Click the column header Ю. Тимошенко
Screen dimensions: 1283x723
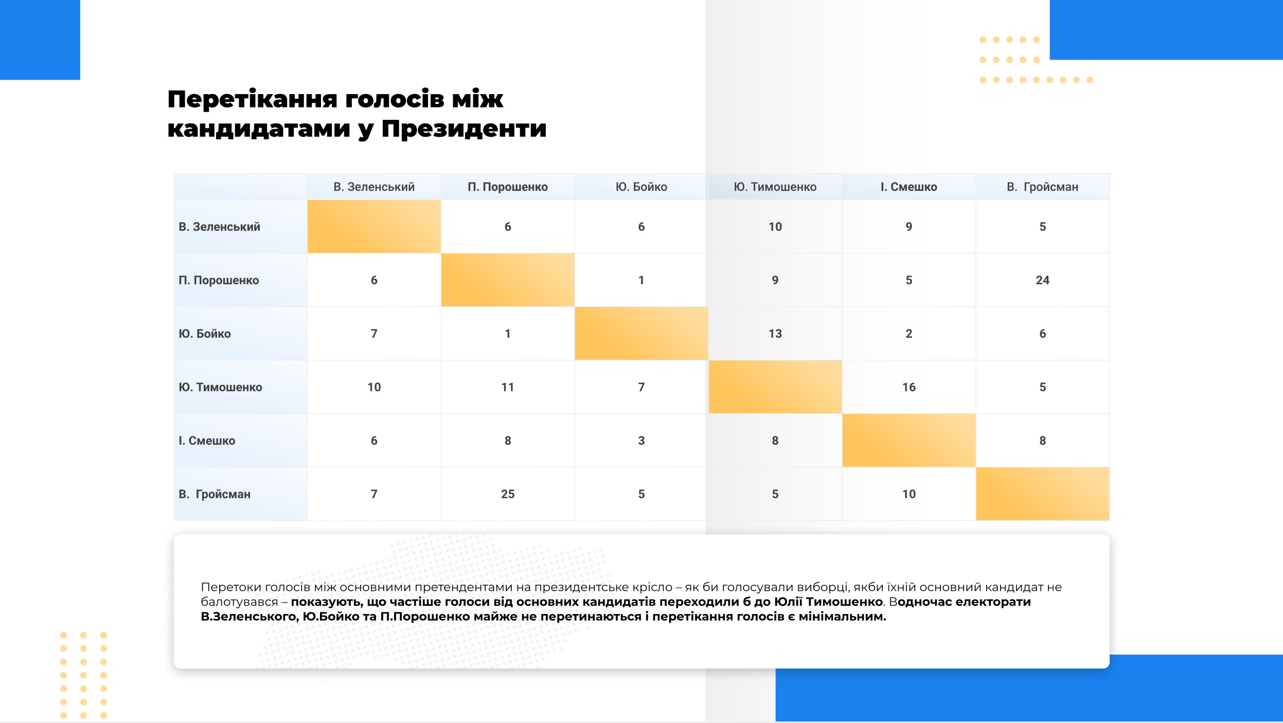pyautogui.click(x=775, y=187)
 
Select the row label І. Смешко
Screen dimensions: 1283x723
pyautogui.click(x=207, y=441)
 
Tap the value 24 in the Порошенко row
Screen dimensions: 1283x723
pyautogui.click(x=1042, y=280)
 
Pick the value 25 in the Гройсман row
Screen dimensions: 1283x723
pyautogui.click(x=508, y=494)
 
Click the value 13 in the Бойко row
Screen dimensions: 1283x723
pyautogui.click(x=775, y=334)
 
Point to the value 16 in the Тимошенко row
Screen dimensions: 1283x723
pyautogui.click(x=908, y=387)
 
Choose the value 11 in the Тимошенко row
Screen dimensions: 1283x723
pyautogui.click(x=508, y=387)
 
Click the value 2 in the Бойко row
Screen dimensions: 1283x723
pyautogui.click(x=908, y=334)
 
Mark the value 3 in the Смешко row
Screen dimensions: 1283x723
pyautogui.click(x=641, y=441)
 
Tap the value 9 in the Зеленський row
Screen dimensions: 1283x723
pyautogui.click(x=908, y=227)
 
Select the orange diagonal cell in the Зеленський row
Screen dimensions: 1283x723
pyautogui.click(x=374, y=226)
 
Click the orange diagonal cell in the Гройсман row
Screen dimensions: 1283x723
pyautogui.click(x=1042, y=494)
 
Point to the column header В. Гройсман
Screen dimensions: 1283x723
pyautogui.click(x=1042, y=187)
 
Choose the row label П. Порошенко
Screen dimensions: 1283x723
pyautogui.click(x=219, y=280)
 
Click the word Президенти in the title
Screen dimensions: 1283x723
pyautogui.click(x=464, y=129)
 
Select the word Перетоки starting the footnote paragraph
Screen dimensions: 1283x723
pyautogui.click(x=230, y=587)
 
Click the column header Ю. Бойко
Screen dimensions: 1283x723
pyautogui.click(x=641, y=187)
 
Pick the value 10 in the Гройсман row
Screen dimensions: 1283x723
pyautogui.click(x=908, y=494)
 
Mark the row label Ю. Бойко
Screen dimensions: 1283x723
pyautogui.click(x=204, y=334)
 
